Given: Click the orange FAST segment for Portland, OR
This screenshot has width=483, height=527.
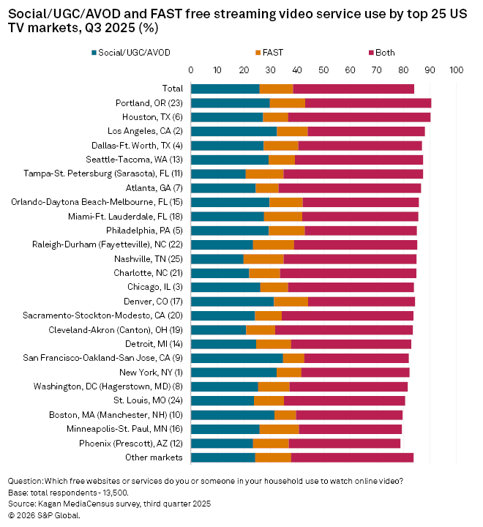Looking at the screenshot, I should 288,102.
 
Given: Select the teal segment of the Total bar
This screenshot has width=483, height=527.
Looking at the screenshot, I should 225,89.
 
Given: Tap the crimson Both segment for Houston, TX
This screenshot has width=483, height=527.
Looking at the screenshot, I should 359,116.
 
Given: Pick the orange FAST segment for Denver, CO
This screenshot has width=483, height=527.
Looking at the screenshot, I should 291,301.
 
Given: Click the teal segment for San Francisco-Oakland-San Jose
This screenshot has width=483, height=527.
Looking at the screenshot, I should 237,358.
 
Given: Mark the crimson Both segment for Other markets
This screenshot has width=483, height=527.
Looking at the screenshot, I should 352,457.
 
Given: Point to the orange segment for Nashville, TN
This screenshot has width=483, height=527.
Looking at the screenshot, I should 263,259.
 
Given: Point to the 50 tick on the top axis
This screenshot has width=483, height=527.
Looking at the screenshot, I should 323,71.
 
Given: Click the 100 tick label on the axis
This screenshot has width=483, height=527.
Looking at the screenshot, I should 457,71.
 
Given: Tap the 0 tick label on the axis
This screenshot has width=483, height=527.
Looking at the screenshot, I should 191,71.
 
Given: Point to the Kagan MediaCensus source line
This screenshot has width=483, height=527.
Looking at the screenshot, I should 109,504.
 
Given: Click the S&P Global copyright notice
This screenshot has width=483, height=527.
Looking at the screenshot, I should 43,515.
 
